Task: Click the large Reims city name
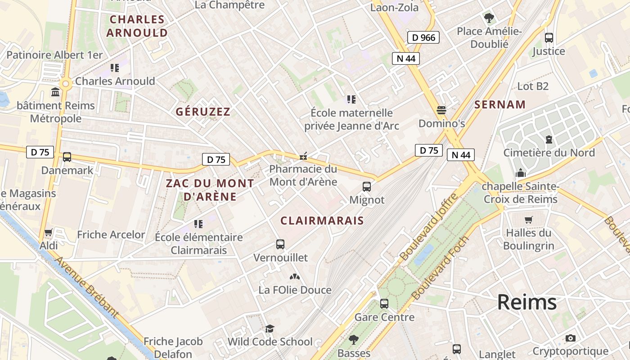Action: pos(527,302)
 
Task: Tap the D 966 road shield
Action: pos(423,37)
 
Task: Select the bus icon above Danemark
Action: pos(67,157)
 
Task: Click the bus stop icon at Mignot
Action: pos(367,186)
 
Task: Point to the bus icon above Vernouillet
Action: pos(280,244)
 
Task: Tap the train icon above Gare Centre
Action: pos(384,304)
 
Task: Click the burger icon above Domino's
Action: pos(441,110)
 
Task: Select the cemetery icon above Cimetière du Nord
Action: pos(549,139)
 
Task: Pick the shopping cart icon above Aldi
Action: pos(49,233)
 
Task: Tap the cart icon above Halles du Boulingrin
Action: pos(528,220)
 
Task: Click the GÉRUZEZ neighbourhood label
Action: pos(203,112)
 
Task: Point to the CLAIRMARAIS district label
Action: pos(322,220)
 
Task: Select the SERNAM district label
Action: pos(500,105)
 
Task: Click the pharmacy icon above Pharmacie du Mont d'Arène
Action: pos(303,156)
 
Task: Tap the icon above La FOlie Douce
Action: pos(295,277)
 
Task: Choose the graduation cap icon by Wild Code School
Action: pos(270,328)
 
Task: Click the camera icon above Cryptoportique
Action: pos(571,338)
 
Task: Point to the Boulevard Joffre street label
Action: pos(428,227)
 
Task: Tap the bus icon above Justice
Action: pos(549,38)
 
